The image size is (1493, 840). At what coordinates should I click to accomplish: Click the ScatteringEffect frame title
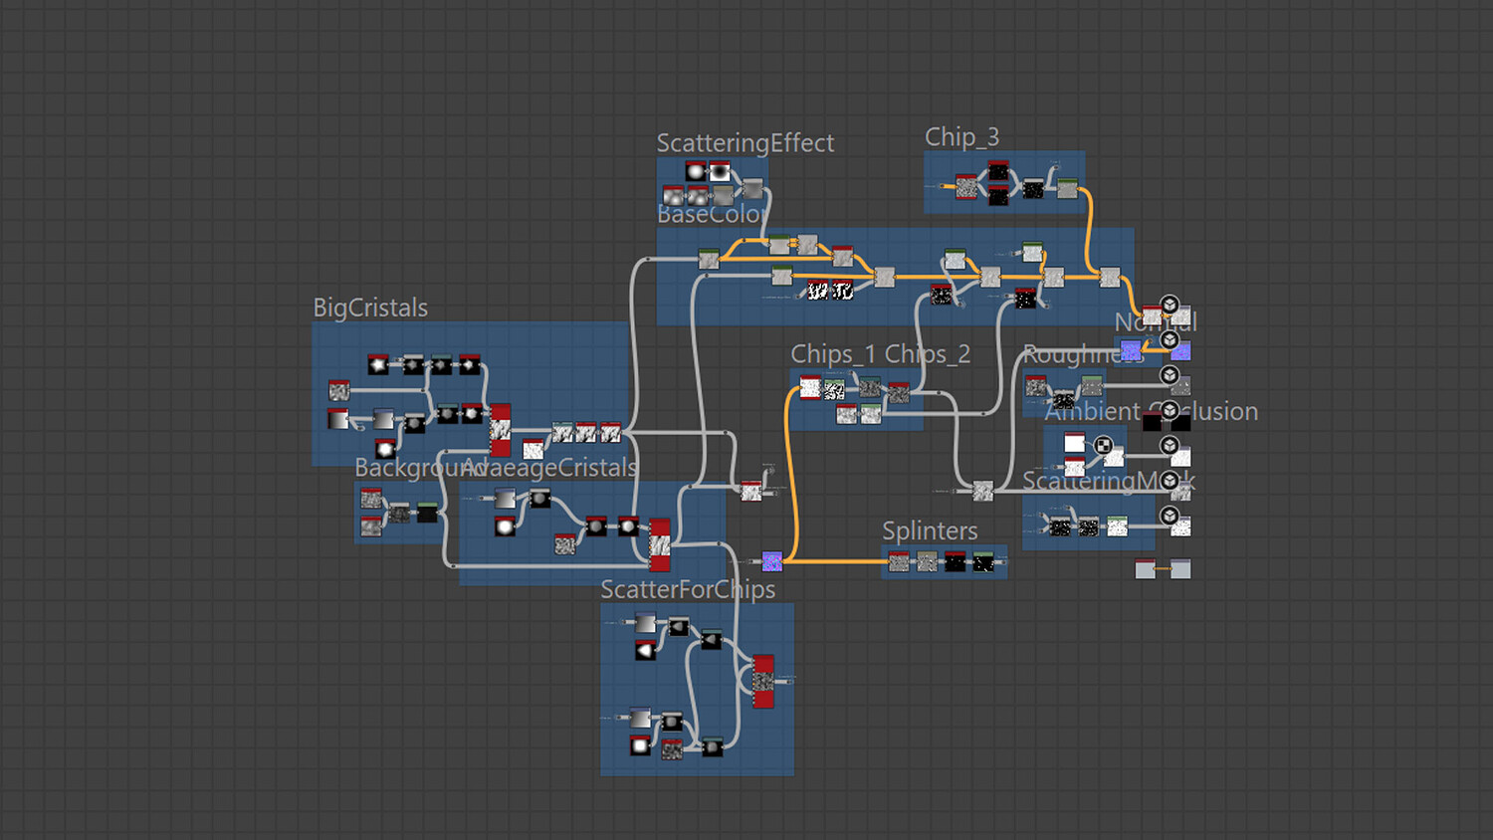pos(745,143)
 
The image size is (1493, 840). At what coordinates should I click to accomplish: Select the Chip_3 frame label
pos(961,137)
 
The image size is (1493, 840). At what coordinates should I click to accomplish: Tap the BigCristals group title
pos(370,309)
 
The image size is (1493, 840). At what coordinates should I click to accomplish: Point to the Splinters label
pos(930,531)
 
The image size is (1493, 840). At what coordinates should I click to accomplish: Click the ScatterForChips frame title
pos(688,590)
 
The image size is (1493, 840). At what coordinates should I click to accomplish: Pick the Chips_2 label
pos(928,354)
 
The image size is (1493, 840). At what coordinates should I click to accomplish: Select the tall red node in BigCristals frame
pos(501,430)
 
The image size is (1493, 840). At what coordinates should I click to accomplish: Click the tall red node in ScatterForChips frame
pos(763,681)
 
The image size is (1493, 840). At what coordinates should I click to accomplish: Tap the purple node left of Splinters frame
pos(771,561)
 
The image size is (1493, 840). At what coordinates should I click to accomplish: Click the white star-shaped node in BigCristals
pos(378,365)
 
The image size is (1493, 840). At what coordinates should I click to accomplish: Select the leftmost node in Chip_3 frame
pos(966,186)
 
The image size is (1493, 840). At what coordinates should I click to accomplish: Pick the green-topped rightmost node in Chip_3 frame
pos(1067,188)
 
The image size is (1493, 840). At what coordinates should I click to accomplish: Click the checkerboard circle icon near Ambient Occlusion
pos(1103,445)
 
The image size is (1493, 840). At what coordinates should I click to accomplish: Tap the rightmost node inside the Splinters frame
pos(983,562)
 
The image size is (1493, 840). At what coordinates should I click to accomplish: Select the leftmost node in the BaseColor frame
pos(709,260)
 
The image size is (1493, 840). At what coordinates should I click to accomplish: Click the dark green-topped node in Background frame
pos(427,513)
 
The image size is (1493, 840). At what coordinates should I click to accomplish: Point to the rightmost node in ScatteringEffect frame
pos(752,188)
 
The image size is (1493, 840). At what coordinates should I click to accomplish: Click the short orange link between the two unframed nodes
pos(1163,569)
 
